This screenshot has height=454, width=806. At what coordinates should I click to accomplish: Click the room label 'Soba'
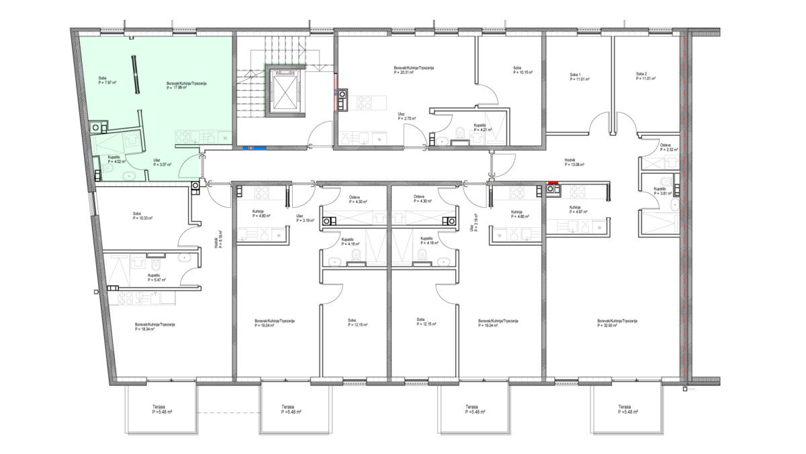click(102, 78)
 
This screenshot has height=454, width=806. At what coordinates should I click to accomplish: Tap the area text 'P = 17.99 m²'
click(176, 87)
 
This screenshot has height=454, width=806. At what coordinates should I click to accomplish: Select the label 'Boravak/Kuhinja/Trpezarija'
click(186, 83)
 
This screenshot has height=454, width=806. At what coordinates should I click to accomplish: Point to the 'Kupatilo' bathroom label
click(114, 157)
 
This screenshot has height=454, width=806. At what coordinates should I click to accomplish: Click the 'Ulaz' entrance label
click(156, 160)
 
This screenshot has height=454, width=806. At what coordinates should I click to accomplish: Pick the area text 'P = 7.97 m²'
click(107, 83)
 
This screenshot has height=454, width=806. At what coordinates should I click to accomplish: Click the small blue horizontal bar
click(255, 148)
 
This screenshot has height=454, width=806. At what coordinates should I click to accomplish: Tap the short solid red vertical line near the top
click(335, 91)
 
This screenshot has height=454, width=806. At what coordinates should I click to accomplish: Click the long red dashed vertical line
click(684, 202)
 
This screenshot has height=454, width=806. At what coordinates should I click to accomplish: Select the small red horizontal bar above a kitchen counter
click(553, 182)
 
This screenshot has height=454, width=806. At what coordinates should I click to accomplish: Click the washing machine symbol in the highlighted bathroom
click(132, 140)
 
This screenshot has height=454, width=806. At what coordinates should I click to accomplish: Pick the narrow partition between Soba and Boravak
click(137, 74)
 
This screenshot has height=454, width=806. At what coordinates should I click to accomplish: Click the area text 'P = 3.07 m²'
click(162, 165)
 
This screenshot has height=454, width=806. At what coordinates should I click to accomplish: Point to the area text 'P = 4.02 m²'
click(117, 161)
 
